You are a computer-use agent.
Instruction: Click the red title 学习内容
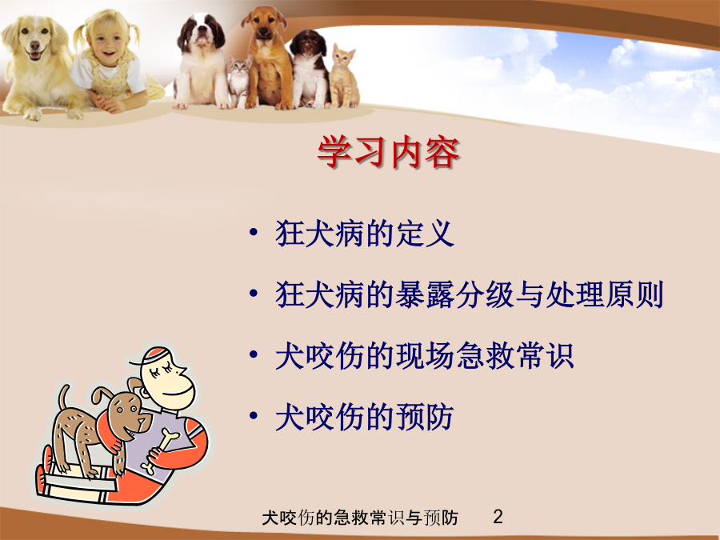pyautogui.click(x=388, y=152)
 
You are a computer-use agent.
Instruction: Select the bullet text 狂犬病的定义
pyautogui.click(x=365, y=234)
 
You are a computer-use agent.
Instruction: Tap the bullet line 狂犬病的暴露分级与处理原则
pyautogui.click(x=470, y=294)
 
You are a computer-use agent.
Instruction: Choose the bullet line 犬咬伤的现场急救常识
pyautogui.click(x=425, y=355)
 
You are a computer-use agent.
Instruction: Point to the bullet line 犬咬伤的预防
pyautogui.click(x=365, y=417)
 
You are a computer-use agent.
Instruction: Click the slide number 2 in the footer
pyautogui.click(x=498, y=517)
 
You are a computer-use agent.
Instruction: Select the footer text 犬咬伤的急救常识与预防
pyautogui.click(x=360, y=518)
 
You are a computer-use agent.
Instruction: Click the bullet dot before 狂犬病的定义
pyautogui.click(x=253, y=232)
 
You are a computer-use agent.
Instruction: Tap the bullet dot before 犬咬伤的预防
pyautogui.click(x=253, y=415)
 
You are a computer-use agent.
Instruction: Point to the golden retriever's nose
pyautogui.click(x=35, y=45)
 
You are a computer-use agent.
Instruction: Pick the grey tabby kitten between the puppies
pyautogui.click(x=240, y=82)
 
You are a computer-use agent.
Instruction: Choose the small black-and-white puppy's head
pyautogui.click(x=308, y=45)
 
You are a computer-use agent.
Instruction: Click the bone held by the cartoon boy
pyautogui.click(x=159, y=450)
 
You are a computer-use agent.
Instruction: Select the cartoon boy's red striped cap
pyautogui.click(x=156, y=356)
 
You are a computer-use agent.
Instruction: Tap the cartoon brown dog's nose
pyautogui.click(x=147, y=419)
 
